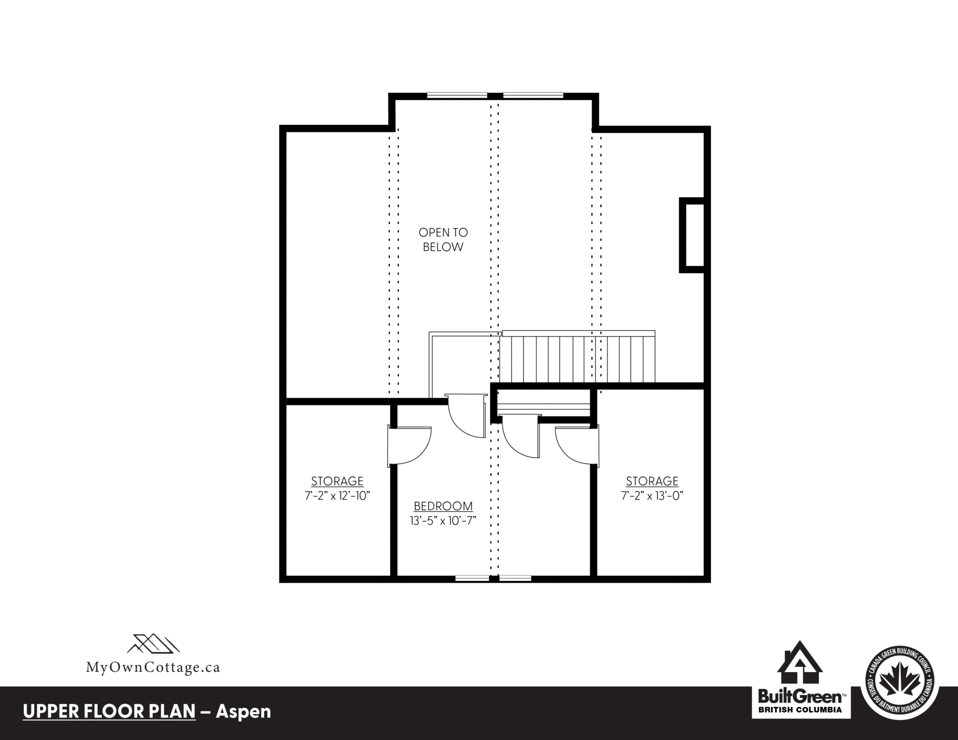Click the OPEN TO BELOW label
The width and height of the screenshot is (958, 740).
point(443,240)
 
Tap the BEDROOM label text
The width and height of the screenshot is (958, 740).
point(443,506)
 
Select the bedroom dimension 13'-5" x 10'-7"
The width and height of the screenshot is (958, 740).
point(443,521)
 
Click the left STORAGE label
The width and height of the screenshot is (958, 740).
point(337,481)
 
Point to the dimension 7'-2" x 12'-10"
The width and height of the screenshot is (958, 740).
point(337,496)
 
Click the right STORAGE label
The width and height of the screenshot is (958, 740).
point(652,481)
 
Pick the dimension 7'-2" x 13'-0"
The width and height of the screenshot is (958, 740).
point(652,496)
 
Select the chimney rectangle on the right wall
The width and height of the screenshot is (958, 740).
point(692,235)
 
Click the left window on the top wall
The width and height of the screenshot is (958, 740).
point(457,95)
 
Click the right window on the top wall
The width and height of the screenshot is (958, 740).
point(533,95)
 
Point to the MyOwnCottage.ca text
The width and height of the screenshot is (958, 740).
point(152,667)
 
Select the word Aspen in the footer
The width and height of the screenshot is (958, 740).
point(243,711)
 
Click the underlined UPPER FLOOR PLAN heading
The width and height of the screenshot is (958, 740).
point(109,711)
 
